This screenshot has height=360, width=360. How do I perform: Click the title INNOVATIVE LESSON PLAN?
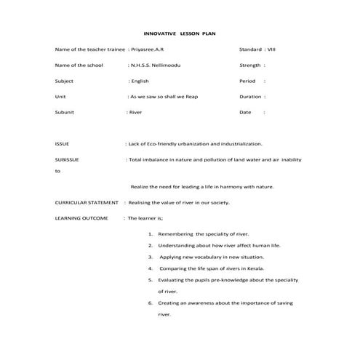click(180, 33)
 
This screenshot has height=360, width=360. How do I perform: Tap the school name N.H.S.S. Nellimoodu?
click(156, 65)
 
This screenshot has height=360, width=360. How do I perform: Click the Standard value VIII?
click(271, 49)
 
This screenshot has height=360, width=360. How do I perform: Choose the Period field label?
click(247, 81)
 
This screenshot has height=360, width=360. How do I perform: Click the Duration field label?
click(250, 97)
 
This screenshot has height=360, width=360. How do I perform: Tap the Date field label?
click(244, 113)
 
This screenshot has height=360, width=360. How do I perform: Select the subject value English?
click(140, 81)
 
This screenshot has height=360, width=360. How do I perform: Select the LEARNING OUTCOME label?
click(81, 218)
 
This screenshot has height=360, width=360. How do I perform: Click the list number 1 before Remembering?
click(150, 234)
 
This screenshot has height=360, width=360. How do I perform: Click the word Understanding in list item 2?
click(178, 246)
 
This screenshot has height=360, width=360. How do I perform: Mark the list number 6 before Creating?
click(150, 303)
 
